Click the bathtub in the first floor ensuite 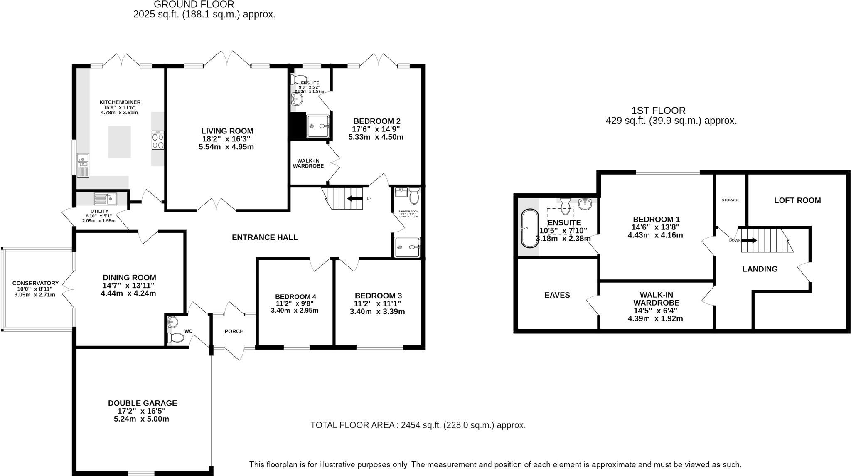coord(529,228)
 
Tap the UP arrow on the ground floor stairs coord(354,198)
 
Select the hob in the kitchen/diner coord(158,140)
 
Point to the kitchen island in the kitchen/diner coord(119,142)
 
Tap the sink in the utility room coord(106,199)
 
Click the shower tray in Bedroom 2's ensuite coord(318,126)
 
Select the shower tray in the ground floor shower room coord(407,247)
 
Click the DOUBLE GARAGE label coord(142,403)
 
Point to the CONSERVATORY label coord(35,283)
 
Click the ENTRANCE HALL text coord(265,237)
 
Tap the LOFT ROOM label coord(797,200)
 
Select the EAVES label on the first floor coord(557,295)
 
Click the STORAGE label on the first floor coord(730,200)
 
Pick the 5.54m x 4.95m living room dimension coord(226,147)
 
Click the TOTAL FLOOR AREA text coord(418,425)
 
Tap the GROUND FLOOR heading coord(194,5)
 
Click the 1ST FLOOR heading coord(658,111)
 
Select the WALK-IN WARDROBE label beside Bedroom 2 coord(308,163)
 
